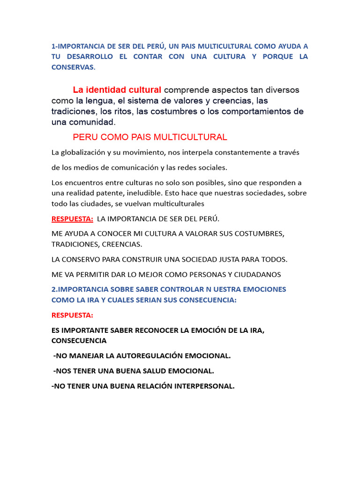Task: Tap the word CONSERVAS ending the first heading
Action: pyautogui.click(x=73, y=67)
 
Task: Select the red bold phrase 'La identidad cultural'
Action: pyautogui.click(x=117, y=90)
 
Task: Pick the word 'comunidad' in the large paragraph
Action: pyautogui.click(x=90, y=122)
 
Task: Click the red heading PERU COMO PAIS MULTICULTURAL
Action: pyautogui.click(x=150, y=137)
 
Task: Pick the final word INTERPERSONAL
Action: pyautogui.click(x=202, y=386)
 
